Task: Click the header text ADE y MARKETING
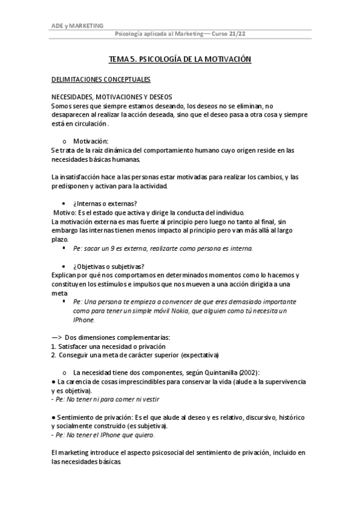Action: pyautogui.click(x=77, y=26)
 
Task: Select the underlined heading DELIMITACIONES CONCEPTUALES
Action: pyautogui.click(x=100, y=79)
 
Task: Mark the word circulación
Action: pyautogui.click(x=89, y=123)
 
